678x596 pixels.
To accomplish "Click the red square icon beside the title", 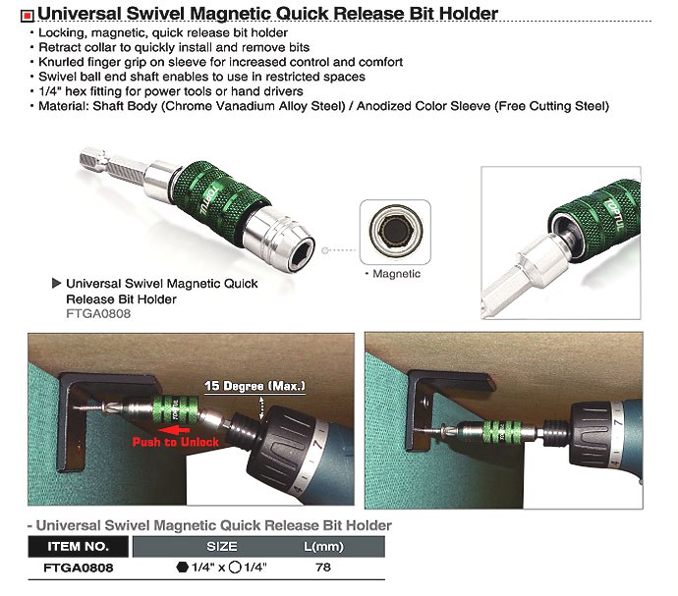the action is pos(28,16).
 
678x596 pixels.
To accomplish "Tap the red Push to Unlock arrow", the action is pos(174,430).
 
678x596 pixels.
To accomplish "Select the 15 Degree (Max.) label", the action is pos(254,386).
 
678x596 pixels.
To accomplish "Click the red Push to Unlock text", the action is pos(176,442).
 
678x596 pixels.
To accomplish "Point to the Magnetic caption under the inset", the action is pos(396,274).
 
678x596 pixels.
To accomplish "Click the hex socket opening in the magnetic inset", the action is pos(394,232).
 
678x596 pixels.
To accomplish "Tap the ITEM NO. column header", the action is pos(79,546).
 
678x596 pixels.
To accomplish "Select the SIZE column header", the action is pos(222,546).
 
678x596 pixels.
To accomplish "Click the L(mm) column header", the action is pos(323,546).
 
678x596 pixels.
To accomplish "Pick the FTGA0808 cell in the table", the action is pos(79,568).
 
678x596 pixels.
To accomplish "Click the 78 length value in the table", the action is pos(323,567).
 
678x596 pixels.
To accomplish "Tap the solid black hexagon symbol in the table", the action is pos(183,567).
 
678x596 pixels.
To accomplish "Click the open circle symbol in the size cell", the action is pos(235,567).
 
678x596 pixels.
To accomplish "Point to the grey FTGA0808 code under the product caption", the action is pos(98,313).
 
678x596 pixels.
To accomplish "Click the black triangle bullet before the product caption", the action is pos(56,283).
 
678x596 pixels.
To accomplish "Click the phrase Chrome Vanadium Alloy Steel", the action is pos(254,106).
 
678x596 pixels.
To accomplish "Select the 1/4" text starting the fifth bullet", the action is pos(50,91).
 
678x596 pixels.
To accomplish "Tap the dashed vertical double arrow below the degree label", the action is pos(261,407).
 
